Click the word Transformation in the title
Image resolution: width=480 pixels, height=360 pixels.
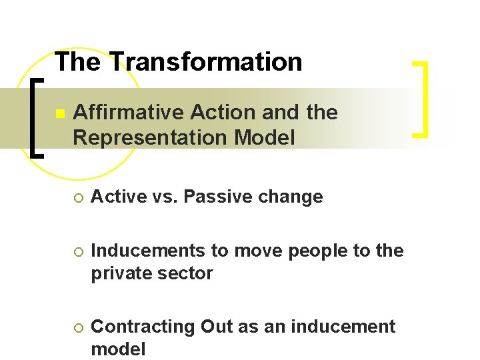207,62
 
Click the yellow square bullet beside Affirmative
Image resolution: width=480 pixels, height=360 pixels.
59,114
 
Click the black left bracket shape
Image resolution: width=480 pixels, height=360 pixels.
37,117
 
